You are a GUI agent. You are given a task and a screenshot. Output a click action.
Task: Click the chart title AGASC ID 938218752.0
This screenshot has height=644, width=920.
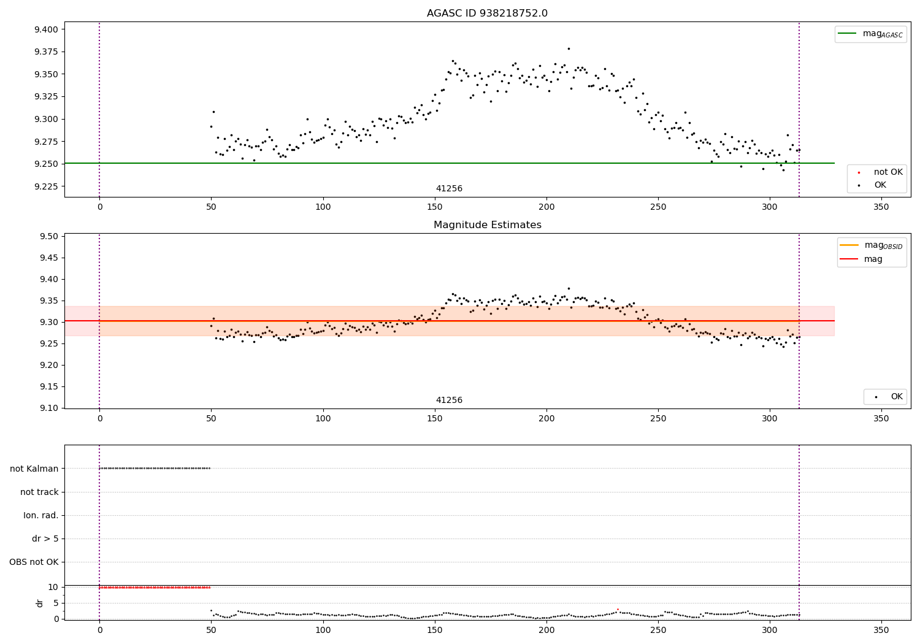[487, 13]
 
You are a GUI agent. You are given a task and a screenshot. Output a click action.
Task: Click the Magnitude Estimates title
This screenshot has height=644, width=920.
[487, 224]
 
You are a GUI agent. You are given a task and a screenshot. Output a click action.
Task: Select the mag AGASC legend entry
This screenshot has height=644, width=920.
[870, 34]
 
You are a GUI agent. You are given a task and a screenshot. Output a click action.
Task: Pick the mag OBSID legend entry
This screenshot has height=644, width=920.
[871, 245]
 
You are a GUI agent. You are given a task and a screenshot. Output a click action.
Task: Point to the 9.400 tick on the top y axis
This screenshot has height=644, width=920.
[46, 29]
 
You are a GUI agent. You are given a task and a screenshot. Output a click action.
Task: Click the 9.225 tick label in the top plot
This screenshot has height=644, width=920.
[46, 186]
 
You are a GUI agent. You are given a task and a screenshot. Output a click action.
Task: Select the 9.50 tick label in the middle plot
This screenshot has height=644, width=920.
[49, 236]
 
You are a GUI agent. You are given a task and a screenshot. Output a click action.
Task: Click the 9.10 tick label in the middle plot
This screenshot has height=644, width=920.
[49, 408]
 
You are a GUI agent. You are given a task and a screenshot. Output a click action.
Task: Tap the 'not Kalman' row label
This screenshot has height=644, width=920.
[34, 469]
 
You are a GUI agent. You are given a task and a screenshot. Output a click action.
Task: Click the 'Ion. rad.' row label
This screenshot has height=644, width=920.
[40, 515]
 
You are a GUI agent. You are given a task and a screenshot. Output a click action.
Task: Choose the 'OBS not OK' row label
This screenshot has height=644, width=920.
[34, 562]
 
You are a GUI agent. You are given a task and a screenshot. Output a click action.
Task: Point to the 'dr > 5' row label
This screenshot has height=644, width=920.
[45, 539]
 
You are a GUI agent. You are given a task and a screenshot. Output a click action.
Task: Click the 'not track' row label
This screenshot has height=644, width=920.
[39, 492]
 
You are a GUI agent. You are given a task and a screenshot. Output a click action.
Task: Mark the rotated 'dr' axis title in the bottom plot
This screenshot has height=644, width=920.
[39, 603]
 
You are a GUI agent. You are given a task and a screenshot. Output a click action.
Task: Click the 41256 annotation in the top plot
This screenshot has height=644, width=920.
[449, 188]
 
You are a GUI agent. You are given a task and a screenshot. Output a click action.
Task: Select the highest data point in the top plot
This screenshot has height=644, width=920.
[569, 49]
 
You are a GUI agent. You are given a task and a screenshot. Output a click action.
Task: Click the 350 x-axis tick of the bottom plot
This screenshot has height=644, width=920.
[881, 631]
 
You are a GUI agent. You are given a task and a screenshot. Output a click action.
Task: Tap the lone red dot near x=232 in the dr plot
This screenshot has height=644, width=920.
[618, 610]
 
